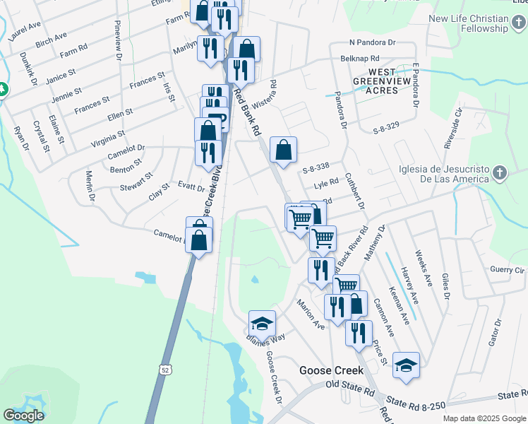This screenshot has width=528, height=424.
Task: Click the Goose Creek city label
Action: click(331, 370)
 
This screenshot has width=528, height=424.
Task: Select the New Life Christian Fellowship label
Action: click(467, 23)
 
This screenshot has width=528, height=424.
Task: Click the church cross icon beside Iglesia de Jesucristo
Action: click(499, 173)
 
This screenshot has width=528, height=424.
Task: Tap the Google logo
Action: click(23, 416)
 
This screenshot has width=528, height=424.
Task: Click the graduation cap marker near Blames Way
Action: click(261, 324)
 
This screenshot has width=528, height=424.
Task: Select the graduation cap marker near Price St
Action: click(406, 365)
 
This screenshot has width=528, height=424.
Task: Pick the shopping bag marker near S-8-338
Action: click(283, 150)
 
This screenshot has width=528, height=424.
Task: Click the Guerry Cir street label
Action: click(508, 271)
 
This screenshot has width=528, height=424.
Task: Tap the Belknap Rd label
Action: click(359, 59)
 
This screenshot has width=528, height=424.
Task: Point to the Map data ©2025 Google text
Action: click(484, 418)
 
